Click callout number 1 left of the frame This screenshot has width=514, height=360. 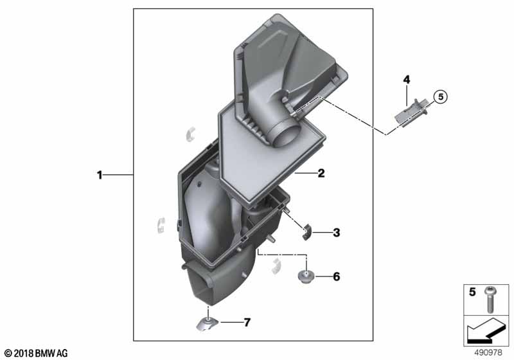pos(100,175)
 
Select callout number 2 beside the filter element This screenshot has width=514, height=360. pos(321,173)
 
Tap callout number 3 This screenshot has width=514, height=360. pos(336,233)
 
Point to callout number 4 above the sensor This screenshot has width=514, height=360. pos(407,79)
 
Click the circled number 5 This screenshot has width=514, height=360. pos(440,96)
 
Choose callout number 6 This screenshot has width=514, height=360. pos(336,276)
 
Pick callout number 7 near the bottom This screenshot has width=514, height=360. pos(247,322)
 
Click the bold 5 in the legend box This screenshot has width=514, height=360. pos(472,291)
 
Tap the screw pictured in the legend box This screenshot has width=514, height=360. pos(490,299)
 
